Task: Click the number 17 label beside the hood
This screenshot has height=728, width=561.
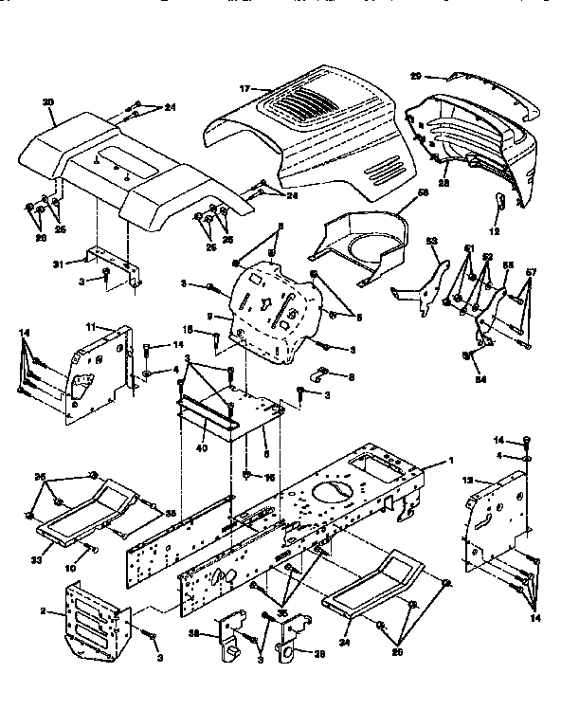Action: click(244, 88)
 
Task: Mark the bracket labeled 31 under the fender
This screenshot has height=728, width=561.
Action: click(117, 265)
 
